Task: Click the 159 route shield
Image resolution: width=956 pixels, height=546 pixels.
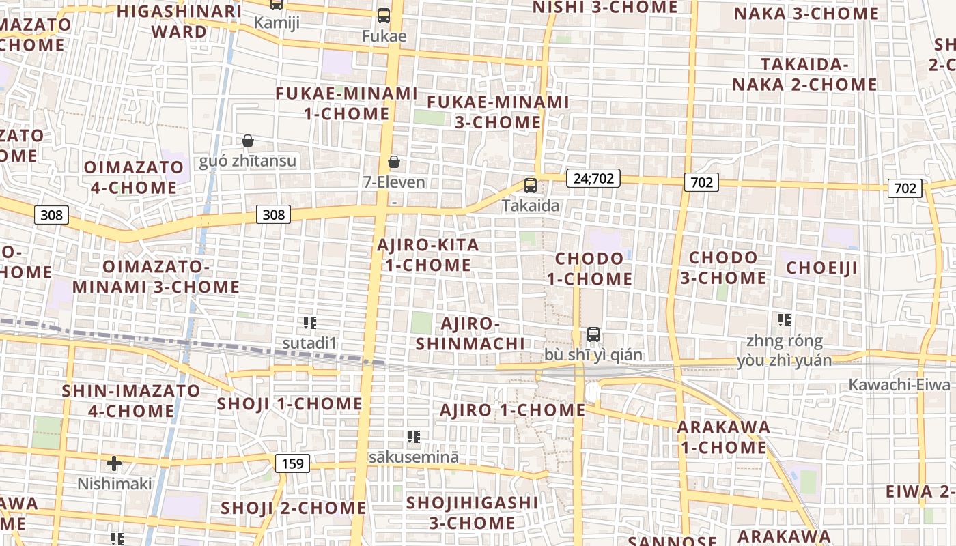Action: (x=292, y=464)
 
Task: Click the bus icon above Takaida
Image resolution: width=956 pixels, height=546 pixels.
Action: (x=530, y=185)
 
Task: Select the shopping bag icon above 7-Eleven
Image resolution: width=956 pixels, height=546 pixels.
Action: (x=394, y=162)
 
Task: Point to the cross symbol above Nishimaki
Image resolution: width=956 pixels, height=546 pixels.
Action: (x=114, y=464)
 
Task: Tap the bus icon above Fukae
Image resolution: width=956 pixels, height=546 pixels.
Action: (x=384, y=15)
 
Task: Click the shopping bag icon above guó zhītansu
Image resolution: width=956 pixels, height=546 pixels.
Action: (x=248, y=141)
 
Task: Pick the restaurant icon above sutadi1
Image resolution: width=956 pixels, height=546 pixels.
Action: (x=310, y=322)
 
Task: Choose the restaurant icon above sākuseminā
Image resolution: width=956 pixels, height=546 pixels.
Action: (x=413, y=436)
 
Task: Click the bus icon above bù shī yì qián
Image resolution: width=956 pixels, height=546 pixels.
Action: (x=593, y=334)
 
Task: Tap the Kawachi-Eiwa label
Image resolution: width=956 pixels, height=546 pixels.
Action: (x=899, y=384)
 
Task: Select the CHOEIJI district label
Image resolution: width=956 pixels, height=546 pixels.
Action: (x=821, y=268)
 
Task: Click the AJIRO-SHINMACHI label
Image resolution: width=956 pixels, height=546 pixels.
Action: (x=470, y=333)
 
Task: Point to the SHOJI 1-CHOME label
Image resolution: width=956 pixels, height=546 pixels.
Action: (x=290, y=403)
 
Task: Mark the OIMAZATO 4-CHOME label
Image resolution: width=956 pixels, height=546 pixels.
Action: (x=134, y=177)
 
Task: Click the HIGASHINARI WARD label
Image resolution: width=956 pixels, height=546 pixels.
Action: (x=179, y=21)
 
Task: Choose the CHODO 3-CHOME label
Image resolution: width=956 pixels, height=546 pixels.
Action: (x=723, y=268)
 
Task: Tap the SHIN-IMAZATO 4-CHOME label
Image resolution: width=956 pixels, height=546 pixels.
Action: (x=131, y=401)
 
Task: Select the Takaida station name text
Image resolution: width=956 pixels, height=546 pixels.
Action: (x=531, y=205)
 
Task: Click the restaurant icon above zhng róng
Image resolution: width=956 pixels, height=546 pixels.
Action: (x=784, y=319)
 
